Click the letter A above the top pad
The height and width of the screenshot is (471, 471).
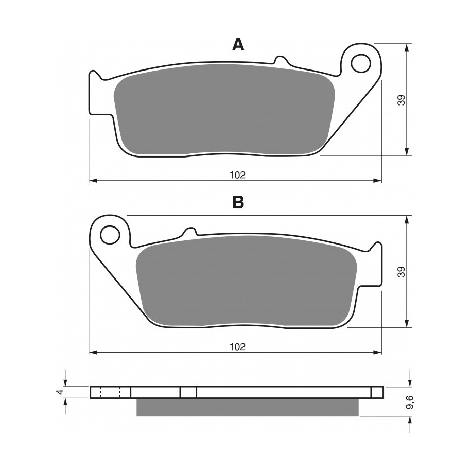point(238,45)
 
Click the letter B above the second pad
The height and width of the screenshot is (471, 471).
point(238,202)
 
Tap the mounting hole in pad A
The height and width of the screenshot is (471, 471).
point(360,63)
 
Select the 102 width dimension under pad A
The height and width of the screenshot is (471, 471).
point(238,175)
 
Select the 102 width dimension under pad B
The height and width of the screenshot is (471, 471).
point(238,347)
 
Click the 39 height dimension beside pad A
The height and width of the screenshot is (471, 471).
point(402,100)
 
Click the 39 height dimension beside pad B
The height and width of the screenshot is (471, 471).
point(402,272)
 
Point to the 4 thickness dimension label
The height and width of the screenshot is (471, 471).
point(61,392)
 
